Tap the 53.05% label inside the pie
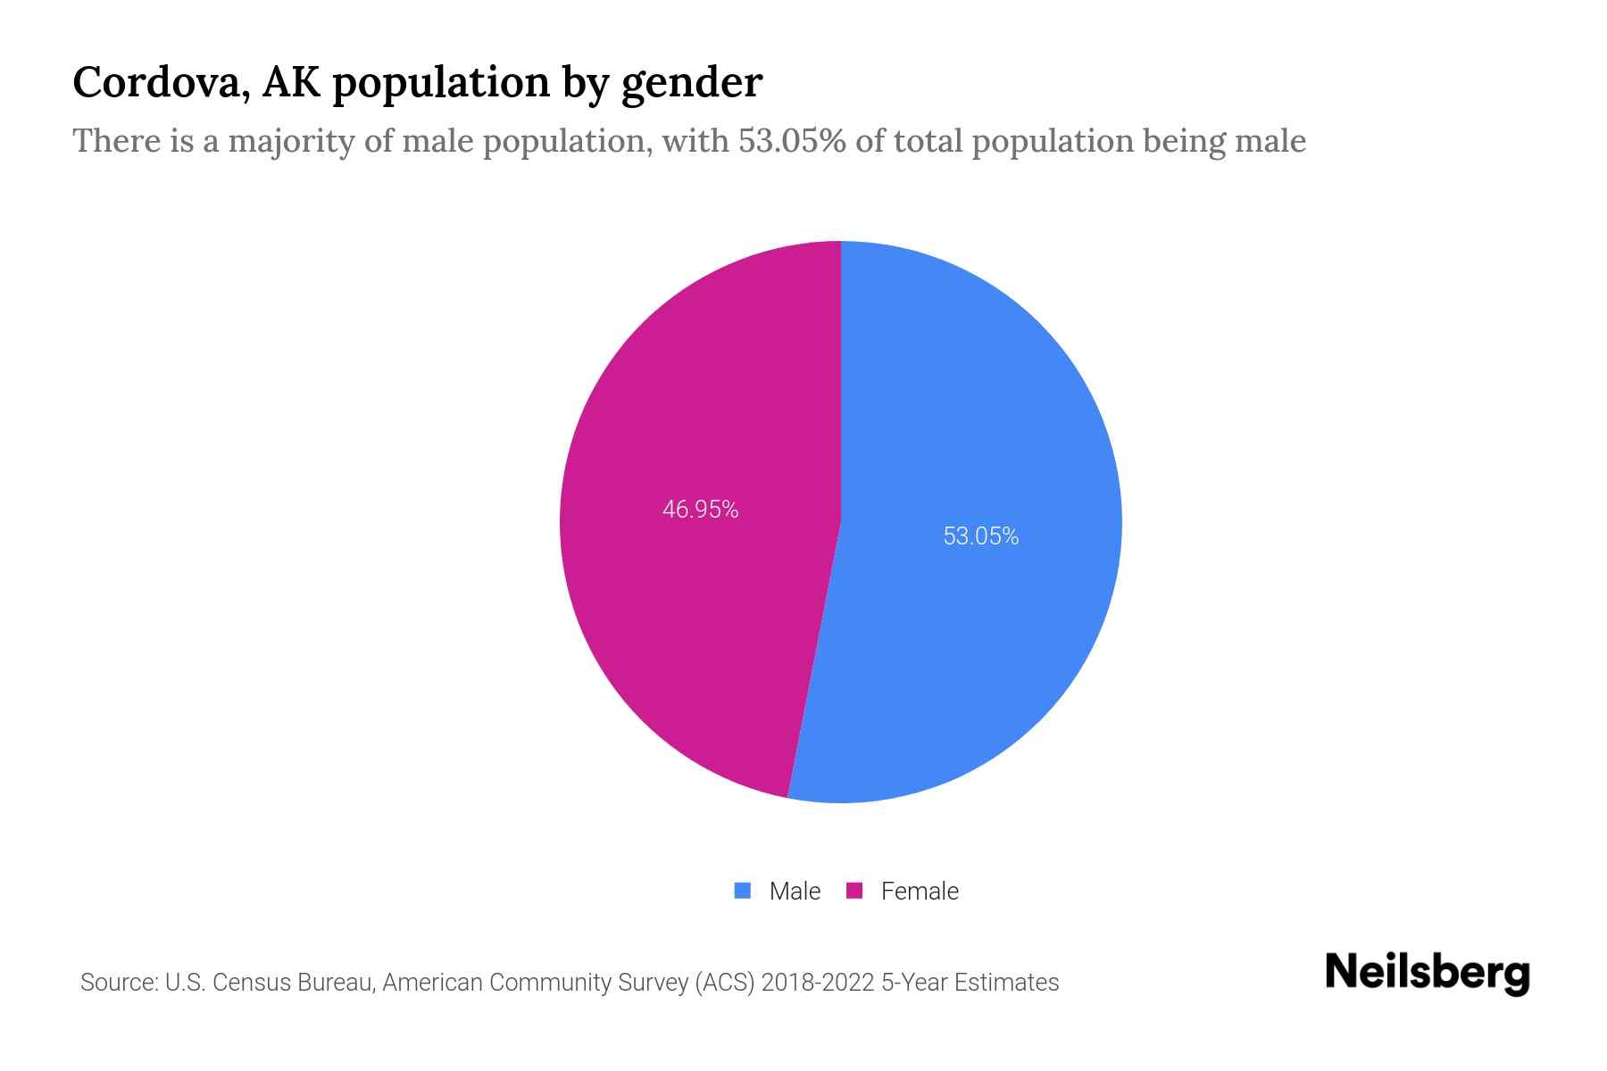pos(981,535)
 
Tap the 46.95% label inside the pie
pos(700,509)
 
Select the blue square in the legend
pos(743,890)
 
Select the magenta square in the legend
pos(854,890)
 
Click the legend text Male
pos(795,891)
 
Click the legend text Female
pos(920,891)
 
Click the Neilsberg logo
pos(1428,973)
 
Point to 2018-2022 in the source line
pos(817,983)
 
